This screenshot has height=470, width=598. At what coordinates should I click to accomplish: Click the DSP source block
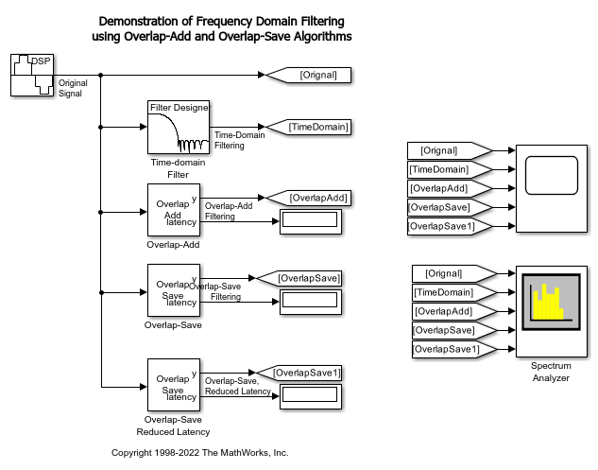(x=32, y=75)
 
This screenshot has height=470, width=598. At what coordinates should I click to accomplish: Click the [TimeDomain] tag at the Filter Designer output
(x=308, y=127)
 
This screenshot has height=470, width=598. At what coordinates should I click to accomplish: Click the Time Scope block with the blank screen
(x=552, y=188)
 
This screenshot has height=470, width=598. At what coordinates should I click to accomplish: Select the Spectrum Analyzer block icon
(x=552, y=309)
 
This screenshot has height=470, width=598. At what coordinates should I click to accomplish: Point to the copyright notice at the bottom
(x=199, y=453)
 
